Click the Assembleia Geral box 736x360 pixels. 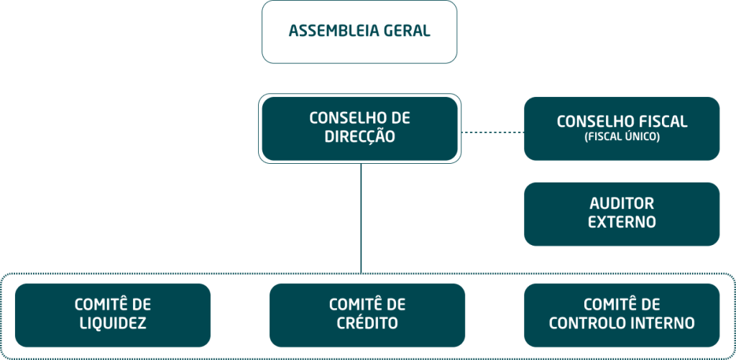(359, 32)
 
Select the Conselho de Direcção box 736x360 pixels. (359, 128)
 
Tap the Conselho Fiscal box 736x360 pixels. (622, 128)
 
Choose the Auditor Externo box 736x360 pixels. (622, 213)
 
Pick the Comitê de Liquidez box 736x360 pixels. (112, 315)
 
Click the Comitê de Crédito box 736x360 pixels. (367, 315)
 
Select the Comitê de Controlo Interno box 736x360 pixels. (622, 315)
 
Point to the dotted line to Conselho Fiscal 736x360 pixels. (492, 132)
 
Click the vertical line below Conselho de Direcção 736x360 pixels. (361, 216)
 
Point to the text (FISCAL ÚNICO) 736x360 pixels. (622, 137)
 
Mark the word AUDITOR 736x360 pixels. (622, 204)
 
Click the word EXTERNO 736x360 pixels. (622, 222)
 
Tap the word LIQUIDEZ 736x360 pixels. (112, 323)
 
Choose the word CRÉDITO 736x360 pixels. (367, 323)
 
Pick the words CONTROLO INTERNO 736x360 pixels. (622, 323)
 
